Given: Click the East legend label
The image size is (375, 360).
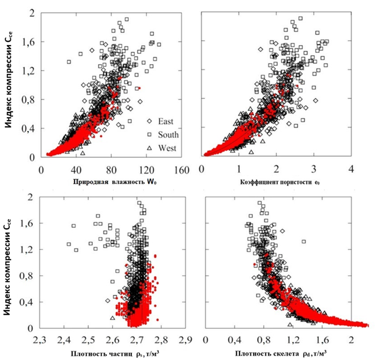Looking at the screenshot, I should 166,121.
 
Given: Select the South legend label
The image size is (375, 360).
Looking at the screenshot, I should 168,134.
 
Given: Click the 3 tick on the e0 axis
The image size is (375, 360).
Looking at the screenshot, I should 313,169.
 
